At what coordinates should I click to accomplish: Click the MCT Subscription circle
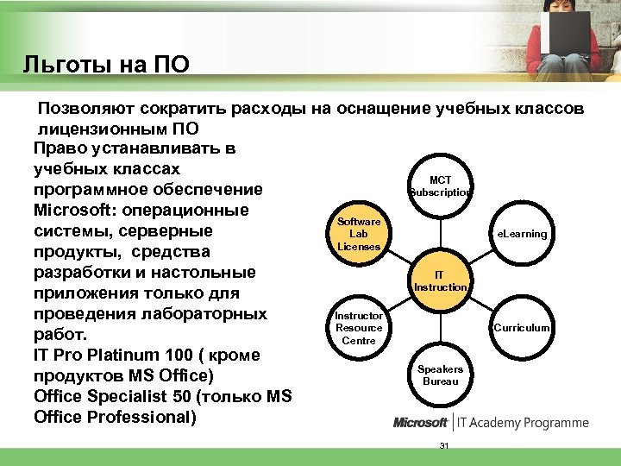coord(440,186)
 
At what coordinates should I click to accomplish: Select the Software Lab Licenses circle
coord(359,234)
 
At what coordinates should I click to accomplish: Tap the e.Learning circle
coord(520,234)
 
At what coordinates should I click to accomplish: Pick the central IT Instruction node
coord(440,280)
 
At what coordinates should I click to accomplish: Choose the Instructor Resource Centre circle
coord(359,328)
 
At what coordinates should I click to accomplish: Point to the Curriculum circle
coord(520,328)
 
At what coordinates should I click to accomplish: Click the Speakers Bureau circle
coord(440,375)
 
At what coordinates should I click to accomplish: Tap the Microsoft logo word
coord(421,423)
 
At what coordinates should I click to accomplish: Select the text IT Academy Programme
coord(524,423)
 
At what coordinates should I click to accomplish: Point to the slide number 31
coord(444,445)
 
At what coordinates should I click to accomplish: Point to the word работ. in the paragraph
coord(56,334)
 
